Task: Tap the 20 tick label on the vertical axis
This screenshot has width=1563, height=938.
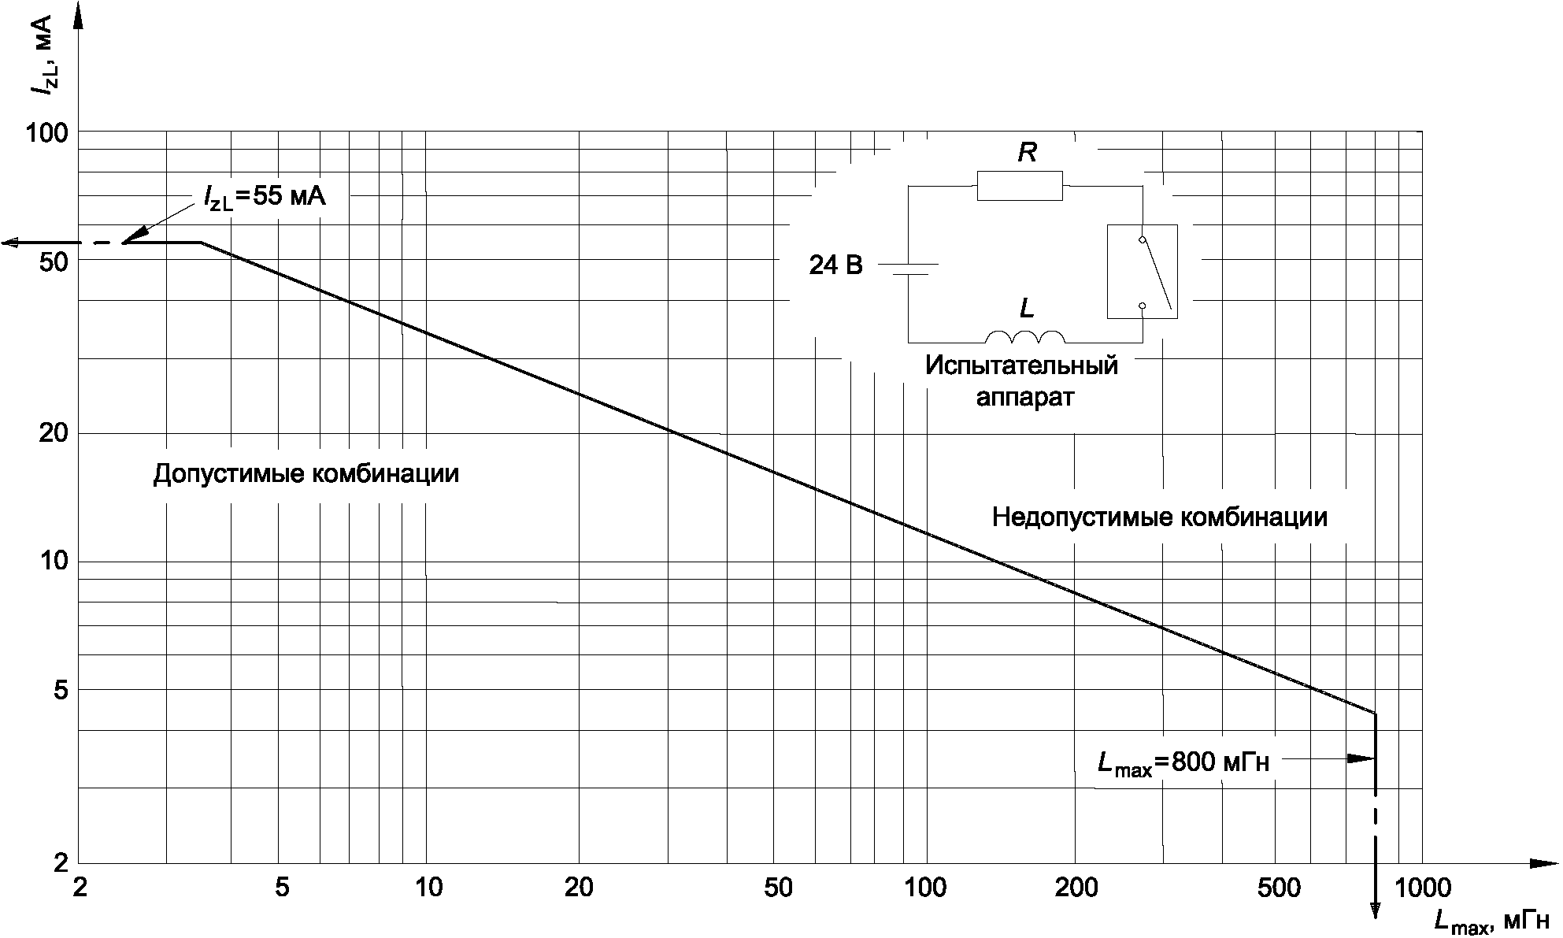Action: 54,433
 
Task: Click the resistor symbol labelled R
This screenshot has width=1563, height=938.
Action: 1020,186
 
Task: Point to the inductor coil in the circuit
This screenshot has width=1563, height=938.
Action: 1025,337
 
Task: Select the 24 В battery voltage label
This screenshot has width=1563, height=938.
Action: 835,266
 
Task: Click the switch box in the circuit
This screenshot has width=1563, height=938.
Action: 1142,272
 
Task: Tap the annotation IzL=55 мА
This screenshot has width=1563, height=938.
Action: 264,197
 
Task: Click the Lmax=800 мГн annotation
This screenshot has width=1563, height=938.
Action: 1183,762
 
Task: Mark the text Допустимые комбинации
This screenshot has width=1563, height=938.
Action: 306,474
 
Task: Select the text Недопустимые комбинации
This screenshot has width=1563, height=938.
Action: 1159,517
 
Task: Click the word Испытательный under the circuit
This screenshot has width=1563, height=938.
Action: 1021,366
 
